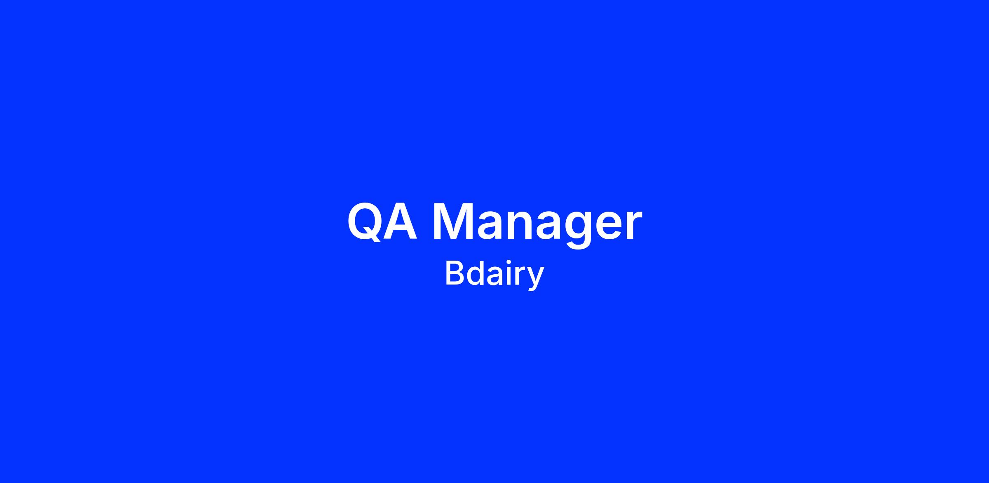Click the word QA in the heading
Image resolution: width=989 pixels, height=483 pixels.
pyautogui.click(x=382, y=222)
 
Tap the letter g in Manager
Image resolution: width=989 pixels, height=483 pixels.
pyautogui.click(x=580, y=231)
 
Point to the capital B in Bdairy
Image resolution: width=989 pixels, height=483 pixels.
pyautogui.click(x=455, y=273)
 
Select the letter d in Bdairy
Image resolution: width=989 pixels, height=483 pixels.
pyautogui.click(x=476, y=273)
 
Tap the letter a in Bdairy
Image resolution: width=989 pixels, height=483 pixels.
pyautogui.click(x=495, y=276)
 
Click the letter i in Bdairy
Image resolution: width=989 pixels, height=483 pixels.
pyautogui.click(x=510, y=273)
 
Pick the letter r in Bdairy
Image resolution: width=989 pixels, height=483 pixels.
pyautogui.click(x=520, y=276)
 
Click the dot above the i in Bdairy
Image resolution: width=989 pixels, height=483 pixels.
pyautogui.click(x=510, y=264)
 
